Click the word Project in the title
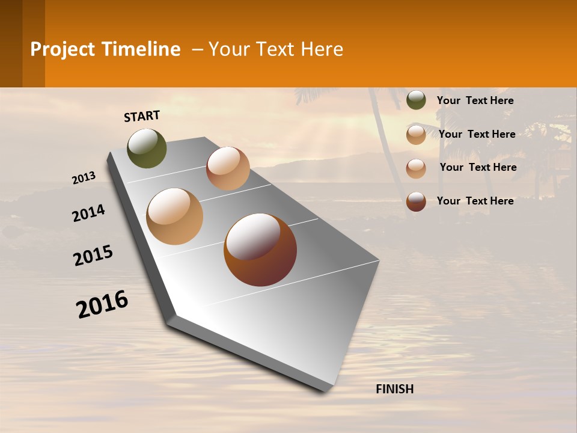63,49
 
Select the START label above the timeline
142,116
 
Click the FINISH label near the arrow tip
394,389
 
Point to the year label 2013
84,178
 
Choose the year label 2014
88,213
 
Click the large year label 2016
102,304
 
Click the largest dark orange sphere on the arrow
260,250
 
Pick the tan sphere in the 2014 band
175,216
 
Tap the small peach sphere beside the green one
228,168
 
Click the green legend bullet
416,100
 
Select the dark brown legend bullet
416,201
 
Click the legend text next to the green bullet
475,100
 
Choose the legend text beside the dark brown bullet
475,201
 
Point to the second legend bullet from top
416,135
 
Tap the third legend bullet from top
416,168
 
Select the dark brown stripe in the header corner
11,43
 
